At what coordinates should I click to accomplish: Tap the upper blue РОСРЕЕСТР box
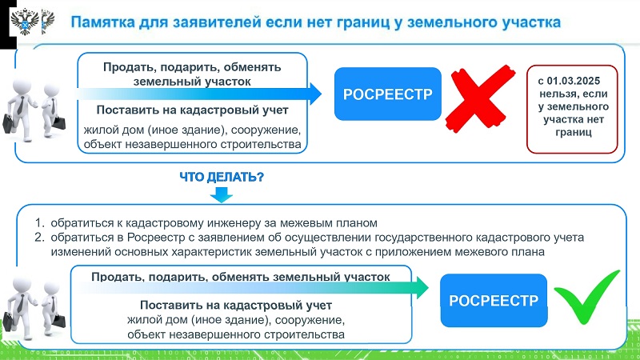click(387, 94)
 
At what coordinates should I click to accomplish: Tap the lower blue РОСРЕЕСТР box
click(494, 301)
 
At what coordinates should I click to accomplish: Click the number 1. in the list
click(38, 222)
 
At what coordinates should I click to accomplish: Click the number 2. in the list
click(38, 238)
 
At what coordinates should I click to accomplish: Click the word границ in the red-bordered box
click(570, 133)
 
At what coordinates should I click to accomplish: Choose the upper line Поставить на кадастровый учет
click(192, 110)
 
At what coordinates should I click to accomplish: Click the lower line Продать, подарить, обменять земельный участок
click(240, 277)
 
